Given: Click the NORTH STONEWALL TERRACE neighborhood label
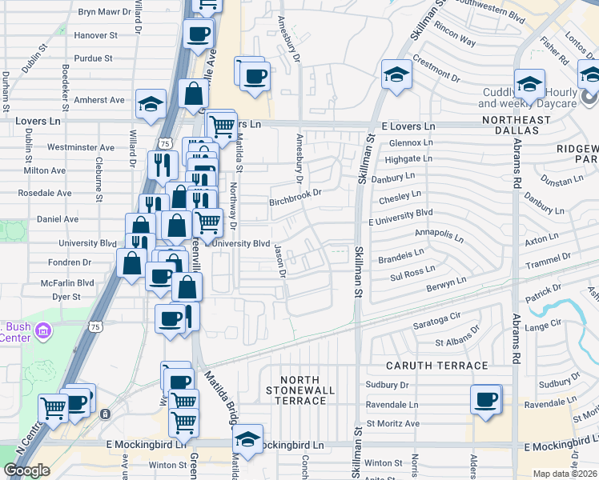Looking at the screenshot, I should [x=300, y=389].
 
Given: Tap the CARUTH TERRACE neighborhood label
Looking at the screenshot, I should [x=437, y=366].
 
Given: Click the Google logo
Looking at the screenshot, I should [x=26, y=470].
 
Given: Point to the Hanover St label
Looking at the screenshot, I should [x=95, y=36].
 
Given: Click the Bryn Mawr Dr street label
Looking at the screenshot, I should [x=110, y=12].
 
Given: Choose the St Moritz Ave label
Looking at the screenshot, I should [x=393, y=423].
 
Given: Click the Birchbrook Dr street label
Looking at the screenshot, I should [x=295, y=192].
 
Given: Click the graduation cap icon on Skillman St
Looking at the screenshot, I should [x=396, y=75].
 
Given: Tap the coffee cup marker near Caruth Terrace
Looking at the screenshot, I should [x=485, y=399].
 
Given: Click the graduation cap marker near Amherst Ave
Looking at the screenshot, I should [x=149, y=104].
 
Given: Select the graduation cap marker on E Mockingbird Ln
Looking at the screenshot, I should [x=247, y=439].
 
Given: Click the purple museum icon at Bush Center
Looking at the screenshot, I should [x=43, y=330].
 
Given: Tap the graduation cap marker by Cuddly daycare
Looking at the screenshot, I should [x=529, y=83].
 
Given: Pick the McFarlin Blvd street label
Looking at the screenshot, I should [x=68, y=282].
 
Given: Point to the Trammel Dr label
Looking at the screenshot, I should [x=548, y=260].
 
